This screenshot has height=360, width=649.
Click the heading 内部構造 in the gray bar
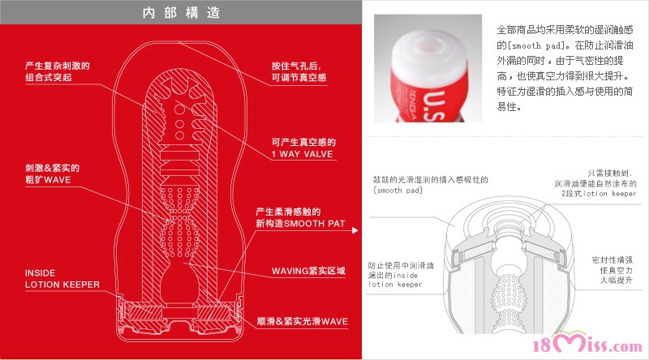tap(181, 13)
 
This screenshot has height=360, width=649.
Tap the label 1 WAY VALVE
tap(302, 154)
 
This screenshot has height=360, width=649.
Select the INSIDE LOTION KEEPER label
tap(62, 278)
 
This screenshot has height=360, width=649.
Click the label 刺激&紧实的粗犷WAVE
tap(52, 174)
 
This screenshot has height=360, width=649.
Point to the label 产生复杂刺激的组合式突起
tap(58, 71)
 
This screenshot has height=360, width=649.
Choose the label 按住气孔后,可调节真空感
tap(299, 71)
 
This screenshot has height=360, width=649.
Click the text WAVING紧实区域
tap(308, 271)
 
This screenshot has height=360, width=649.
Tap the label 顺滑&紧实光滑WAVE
tap(302, 321)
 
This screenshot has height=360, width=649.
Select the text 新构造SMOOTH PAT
tap(300, 224)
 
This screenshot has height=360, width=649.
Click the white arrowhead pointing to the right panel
tap(355, 230)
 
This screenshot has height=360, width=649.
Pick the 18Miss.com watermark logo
tap(587, 343)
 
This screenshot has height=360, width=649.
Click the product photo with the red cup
tap(428, 68)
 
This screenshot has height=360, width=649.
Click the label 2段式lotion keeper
tap(599, 193)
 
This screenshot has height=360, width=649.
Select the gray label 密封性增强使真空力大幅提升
tap(612, 270)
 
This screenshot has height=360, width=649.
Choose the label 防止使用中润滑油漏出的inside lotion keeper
tap(401, 275)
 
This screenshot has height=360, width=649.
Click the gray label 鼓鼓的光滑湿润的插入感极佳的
tap(431, 179)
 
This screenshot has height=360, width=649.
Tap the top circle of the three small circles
tap(179, 109)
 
